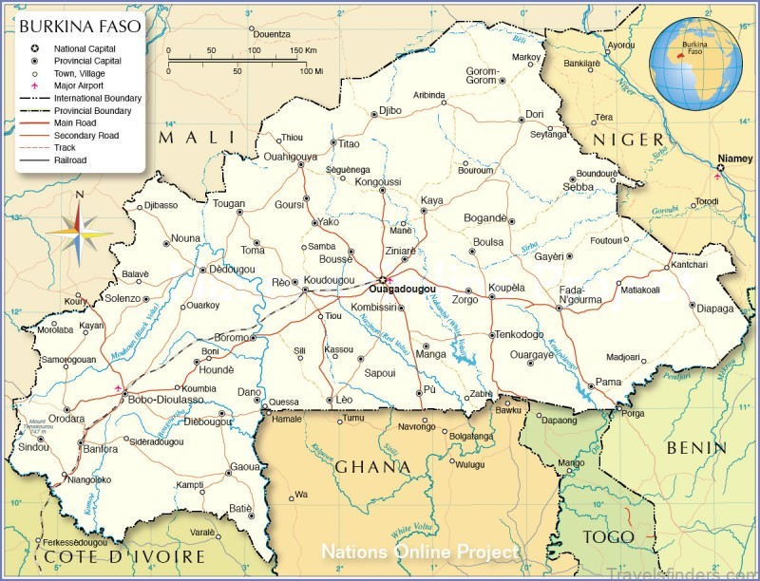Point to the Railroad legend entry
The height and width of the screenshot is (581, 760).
pyautogui.click(x=69, y=160)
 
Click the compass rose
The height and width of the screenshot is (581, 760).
pyautogui.click(x=80, y=227)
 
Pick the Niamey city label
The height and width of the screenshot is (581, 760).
pyautogui.click(x=734, y=159)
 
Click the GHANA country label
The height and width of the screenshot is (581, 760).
pyautogui.click(x=372, y=467)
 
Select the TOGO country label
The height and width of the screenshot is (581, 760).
pyautogui.click(x=608, y=537)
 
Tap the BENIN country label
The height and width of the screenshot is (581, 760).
pyautogui.click(x=696, y=446)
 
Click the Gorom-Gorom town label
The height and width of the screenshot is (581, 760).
pyautogui.click(x=482, y=75)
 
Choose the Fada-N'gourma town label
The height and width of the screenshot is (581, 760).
pyautogui.click(x=580, y=294)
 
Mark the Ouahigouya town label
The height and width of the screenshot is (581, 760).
pyautogui.click(x=290, y=156)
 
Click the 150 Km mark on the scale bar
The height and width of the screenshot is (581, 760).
pyautogui.click(x=303, y=50)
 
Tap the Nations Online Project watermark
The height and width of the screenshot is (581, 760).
pyautogui.click(x=419, y=552)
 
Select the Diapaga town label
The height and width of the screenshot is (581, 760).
pyautogui.click(x=715, y=309)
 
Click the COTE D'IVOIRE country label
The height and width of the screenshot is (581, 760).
pyautogui.click(x=123, y=556)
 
